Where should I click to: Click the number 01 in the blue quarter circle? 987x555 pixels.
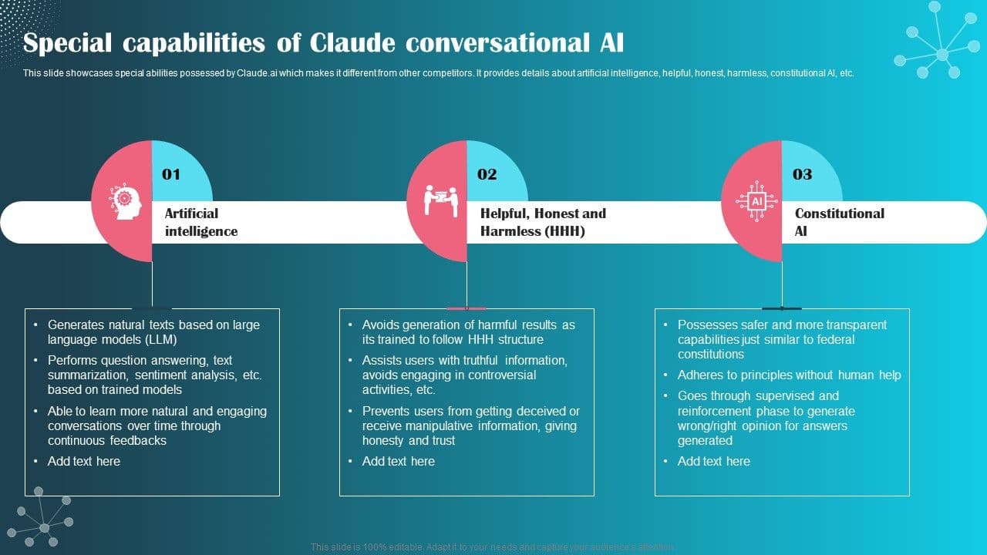pyautogui.click(x=171, y=174)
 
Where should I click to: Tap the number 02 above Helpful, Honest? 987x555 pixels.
pyautogui.click(x=487, y=174)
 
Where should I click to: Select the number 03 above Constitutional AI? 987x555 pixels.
pyautogui.click(x=802, y=174)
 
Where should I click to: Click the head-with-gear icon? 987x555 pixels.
pyautogui.click(x=123, y=202)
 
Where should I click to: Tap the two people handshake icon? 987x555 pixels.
pyautogui.click(x=440, y=200)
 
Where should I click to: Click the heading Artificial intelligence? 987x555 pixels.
pyautogui.click(x=200, y=222)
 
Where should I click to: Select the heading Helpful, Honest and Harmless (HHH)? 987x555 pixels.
pyautogui.click(x=543, y=222)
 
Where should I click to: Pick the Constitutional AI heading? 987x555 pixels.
pyautogui.click(x=839, y=222)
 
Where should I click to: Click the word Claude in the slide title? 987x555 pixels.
pyautogui.click(x=354, y=43)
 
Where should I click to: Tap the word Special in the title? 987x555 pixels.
pyautogui.click(x=68, y=43)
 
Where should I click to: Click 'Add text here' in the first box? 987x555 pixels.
pyautogui.click(x=84, y=461)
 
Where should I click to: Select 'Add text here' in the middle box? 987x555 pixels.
pyautogui.click(x=399, y=461)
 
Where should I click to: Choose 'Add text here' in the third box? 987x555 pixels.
pyautogui.click(x=713, y=461)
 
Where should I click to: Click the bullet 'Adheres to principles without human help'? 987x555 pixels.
pyautogui.click(x=789, y=375)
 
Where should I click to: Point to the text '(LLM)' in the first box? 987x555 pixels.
pyautogui.click(x=160, y=339)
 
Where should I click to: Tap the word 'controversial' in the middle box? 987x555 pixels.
pyautogui.click(x=497, y=375)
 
